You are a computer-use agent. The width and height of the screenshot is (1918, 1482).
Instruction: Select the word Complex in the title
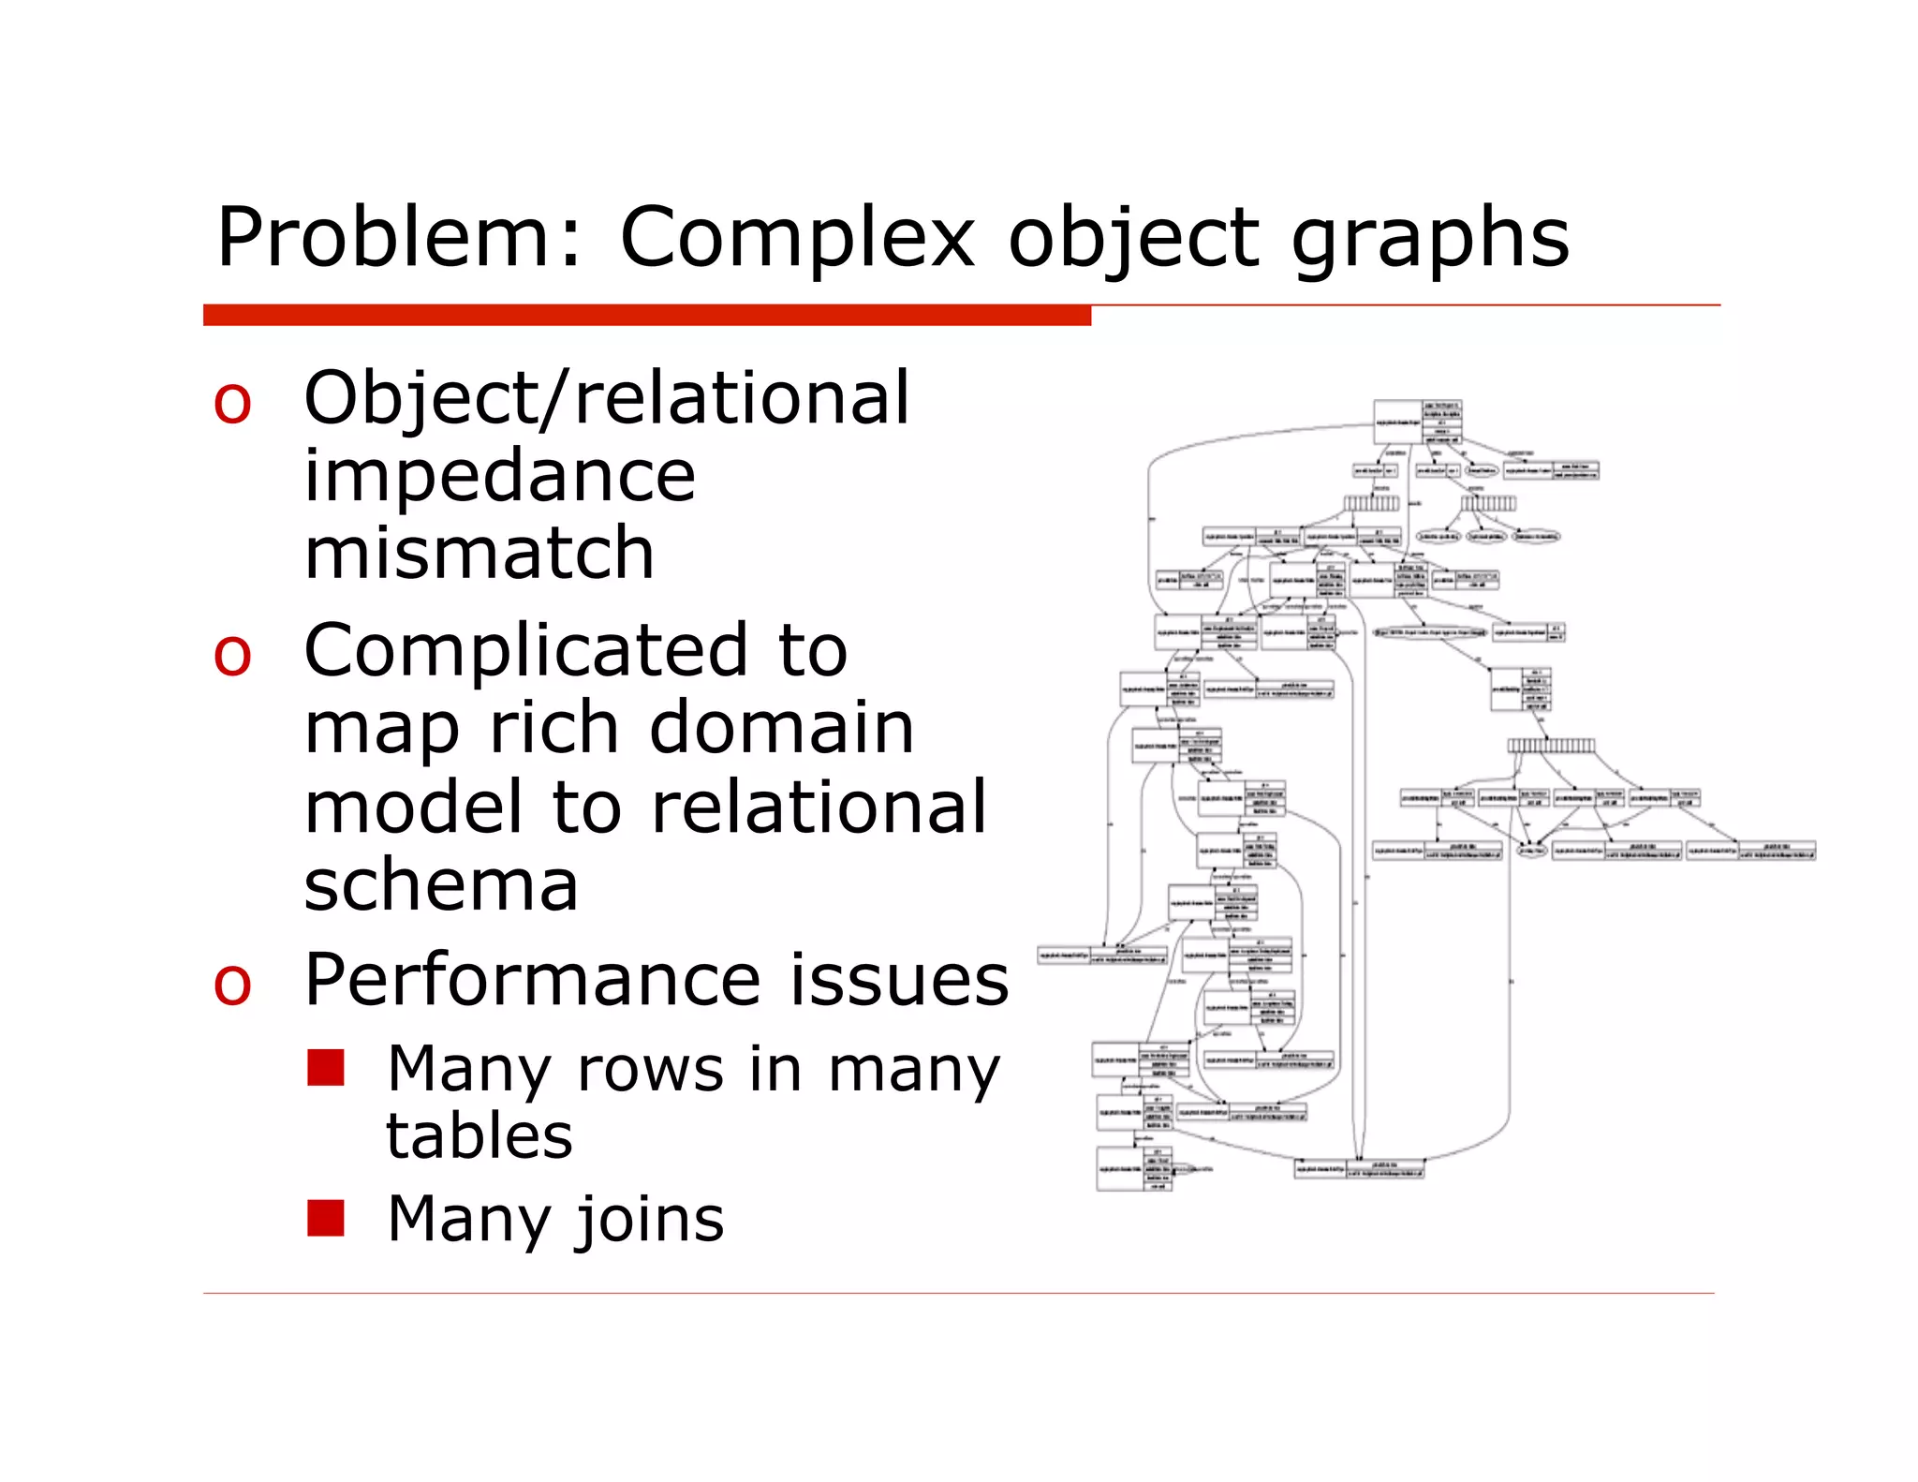799,238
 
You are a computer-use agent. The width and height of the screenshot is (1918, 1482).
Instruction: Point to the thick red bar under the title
646,316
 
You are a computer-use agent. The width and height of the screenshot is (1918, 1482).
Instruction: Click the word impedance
499,476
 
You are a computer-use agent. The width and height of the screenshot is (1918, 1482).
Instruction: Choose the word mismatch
479,554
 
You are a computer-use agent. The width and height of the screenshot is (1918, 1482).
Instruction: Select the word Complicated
525,650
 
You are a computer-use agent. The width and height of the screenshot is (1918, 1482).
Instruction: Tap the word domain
781,728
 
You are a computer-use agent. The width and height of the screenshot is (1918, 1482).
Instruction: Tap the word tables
479,1136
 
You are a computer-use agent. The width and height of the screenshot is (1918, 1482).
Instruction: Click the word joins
649,1221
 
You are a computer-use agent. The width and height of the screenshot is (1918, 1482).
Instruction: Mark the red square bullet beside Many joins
326,1218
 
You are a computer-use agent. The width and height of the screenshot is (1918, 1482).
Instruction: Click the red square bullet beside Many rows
326,1067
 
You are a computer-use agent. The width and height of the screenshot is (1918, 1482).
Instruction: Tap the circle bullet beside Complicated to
232,655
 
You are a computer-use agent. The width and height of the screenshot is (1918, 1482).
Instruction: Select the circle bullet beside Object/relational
232,404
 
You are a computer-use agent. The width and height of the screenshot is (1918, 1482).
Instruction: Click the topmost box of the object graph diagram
1417,422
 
